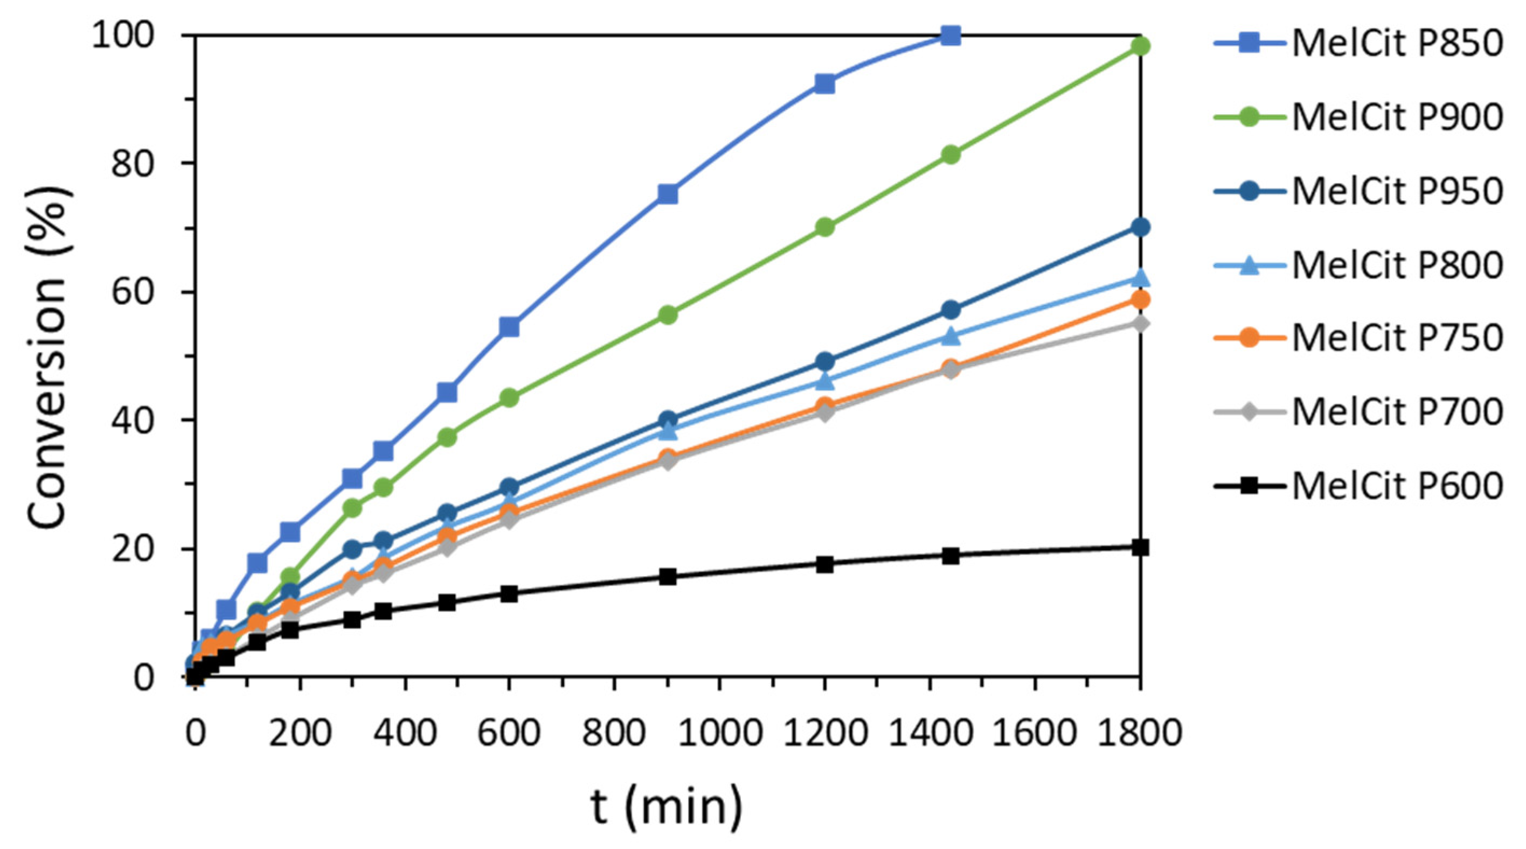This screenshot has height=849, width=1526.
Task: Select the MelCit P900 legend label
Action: (x=1397, y=117)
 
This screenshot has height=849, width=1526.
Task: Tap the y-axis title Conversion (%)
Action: (x=47, y=355)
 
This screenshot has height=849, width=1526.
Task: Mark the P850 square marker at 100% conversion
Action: (x=950, y=36)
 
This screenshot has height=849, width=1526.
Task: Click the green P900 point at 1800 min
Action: (x=1140, y=46)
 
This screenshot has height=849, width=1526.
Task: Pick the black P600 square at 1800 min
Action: (x=1140, y=548)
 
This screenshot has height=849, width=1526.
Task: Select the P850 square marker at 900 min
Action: (x=668, y=194)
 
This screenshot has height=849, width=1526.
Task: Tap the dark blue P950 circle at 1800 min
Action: (x=1140, y=227)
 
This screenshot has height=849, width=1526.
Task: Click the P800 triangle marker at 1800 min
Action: (x=1140, y=277)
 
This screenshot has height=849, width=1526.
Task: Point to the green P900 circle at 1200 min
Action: (x=824, y=227)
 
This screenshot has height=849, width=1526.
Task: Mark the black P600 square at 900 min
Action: (x=668, y=577)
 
